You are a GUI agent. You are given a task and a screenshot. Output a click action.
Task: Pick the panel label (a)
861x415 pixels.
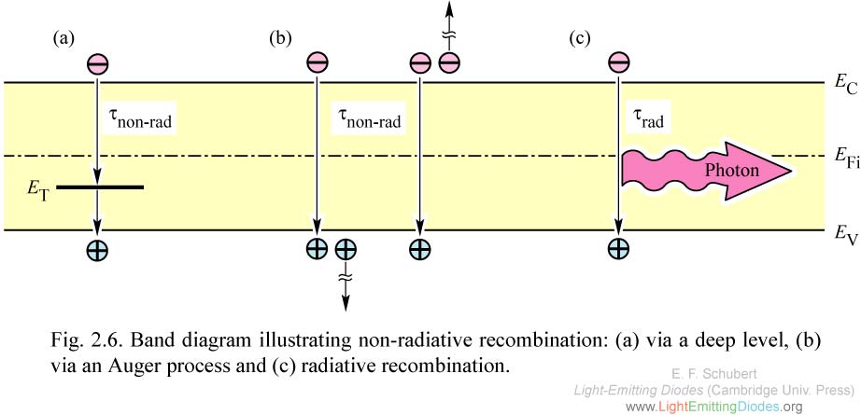[x=64, y=38]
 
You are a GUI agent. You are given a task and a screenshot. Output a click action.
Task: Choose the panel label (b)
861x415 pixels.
[x=280, y=38]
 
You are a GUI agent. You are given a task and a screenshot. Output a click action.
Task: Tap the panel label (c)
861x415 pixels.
[x=580, y=38]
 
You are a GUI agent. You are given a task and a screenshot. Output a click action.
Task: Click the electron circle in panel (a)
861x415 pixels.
[x=98, y=63]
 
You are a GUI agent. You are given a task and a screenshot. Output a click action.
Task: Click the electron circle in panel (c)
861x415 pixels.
[x=617, y=63]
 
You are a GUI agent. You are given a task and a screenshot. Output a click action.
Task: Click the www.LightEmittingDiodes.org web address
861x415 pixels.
[x=713, y=407]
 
